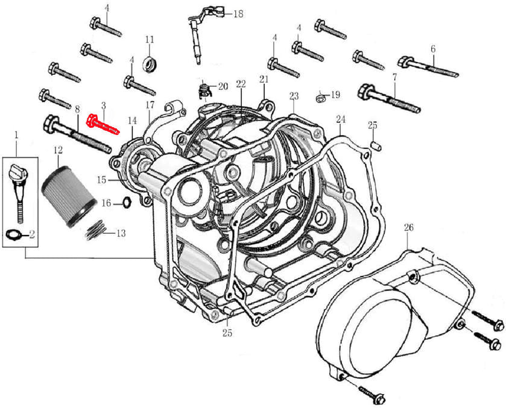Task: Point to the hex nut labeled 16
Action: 127,202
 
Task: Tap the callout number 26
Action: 409,228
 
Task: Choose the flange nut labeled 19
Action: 320,96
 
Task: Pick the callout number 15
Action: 101,180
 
